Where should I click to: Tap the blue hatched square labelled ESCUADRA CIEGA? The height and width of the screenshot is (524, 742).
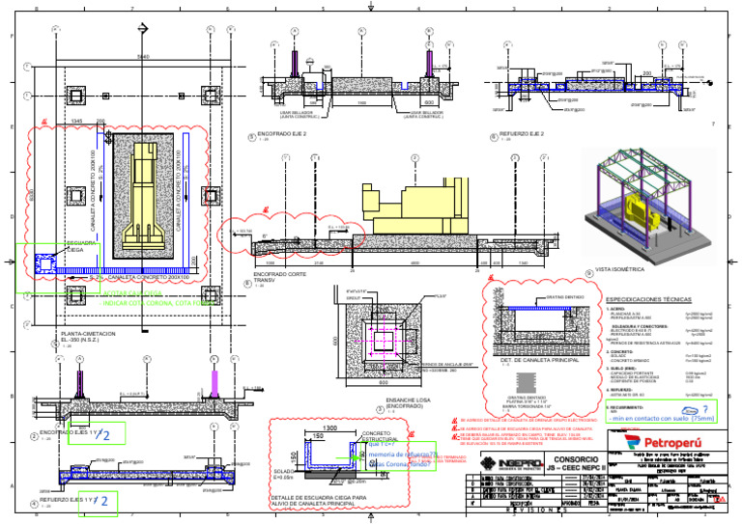pyautogui.click(x=44, y=262)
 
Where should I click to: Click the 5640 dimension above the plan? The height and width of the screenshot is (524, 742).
pyautogui.click(x=143, y=58)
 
